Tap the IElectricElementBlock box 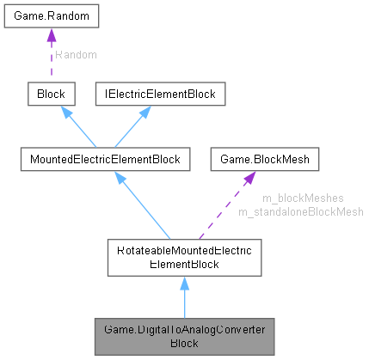click(159, 93)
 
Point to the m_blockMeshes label click(291, 198)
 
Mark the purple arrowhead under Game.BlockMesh click(248, 177)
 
